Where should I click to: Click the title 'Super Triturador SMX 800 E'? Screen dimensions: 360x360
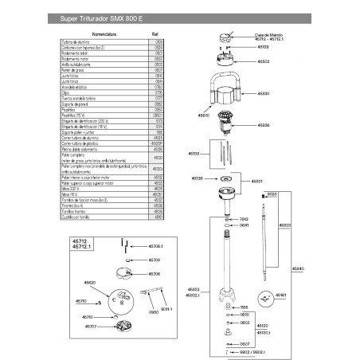click(97, 17)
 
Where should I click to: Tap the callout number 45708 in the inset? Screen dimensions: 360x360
click(155, 260)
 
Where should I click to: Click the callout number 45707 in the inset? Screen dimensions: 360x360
click(91, 326)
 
